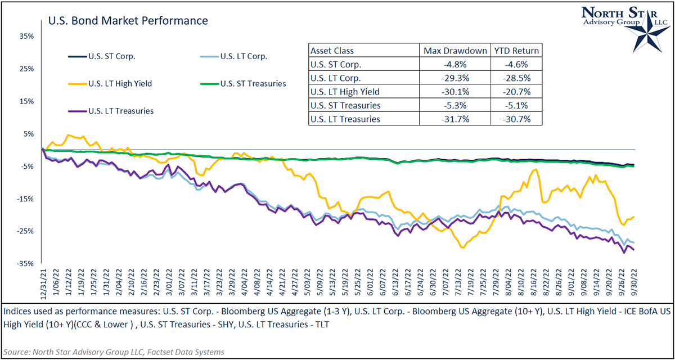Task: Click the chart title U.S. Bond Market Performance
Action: [x=128, y=21]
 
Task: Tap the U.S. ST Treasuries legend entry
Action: [x=253, y=84]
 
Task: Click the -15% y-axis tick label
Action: [x=26, y=199]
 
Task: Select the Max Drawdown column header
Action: [x=455, y=51]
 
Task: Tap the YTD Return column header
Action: [x=515, y=51]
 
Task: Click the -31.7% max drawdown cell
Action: [x=455, y=119]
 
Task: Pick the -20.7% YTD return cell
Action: [x=515, y=92]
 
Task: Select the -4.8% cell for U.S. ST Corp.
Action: [x=455, y=64]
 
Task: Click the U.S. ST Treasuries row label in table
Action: [x=346, y=105]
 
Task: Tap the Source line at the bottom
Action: [x=114, y=352]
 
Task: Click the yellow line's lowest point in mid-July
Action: [x=462, y=247]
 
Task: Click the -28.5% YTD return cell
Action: [x=515, y=78]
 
